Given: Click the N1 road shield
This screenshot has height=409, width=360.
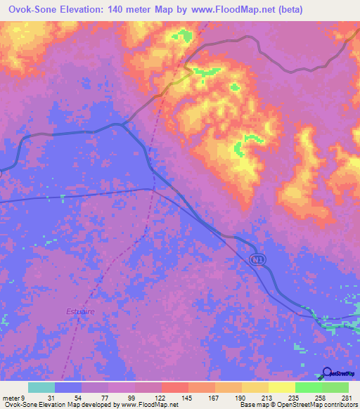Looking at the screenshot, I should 258,261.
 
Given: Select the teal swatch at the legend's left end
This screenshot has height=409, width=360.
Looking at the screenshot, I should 41,388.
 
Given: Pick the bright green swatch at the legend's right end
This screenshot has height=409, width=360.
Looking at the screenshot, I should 335,388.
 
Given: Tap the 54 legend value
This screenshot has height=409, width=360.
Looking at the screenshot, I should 86,398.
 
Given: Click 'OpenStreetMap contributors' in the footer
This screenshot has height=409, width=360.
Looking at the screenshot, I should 316,405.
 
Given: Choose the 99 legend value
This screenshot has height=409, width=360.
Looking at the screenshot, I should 134,398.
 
